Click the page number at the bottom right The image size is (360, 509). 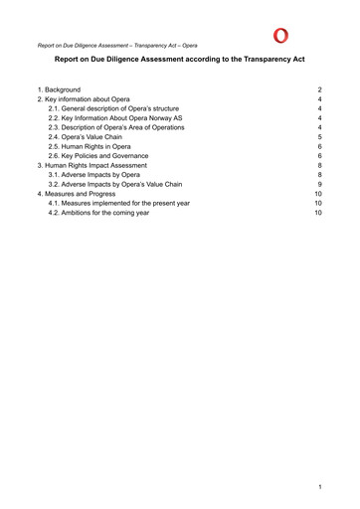pyautogui.click(x=320, y=488)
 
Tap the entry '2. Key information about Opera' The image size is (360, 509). pyautogui.click(x=84, y=100)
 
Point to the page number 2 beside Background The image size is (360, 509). pyautogui.click(x=319, y=90)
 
